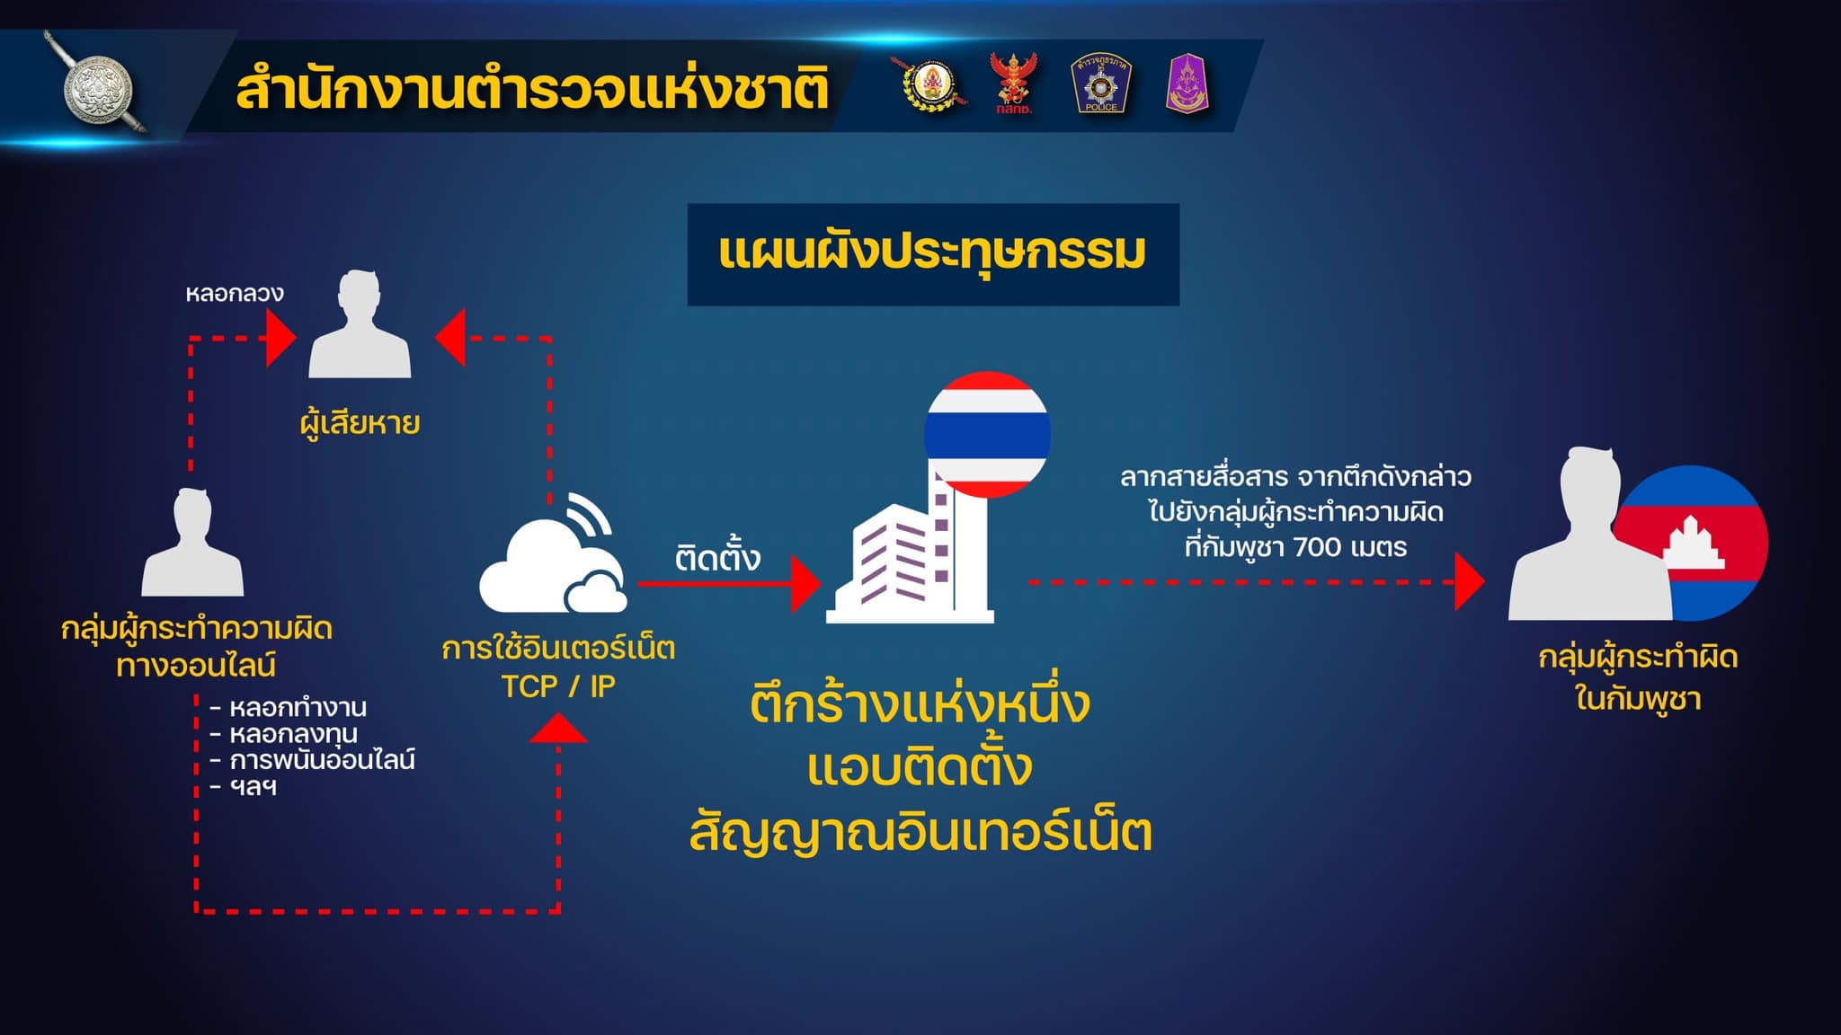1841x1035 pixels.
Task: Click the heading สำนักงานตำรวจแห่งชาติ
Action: [531, 90]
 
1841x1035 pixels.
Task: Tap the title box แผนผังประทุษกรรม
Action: [933, 254]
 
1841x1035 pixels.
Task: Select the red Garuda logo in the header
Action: [1013, 83]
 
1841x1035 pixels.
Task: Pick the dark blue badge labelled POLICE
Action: [1100, 83]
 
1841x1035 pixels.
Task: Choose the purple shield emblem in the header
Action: [1187, 83]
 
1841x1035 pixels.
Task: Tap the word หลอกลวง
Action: [235, 294]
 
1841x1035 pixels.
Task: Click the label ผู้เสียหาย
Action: [360, 422]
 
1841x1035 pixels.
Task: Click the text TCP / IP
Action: [558, 686]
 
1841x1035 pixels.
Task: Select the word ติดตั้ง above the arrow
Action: [717, 558]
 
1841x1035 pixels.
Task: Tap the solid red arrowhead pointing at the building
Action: [805, 583]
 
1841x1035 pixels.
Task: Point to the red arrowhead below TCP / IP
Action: [558, 728]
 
